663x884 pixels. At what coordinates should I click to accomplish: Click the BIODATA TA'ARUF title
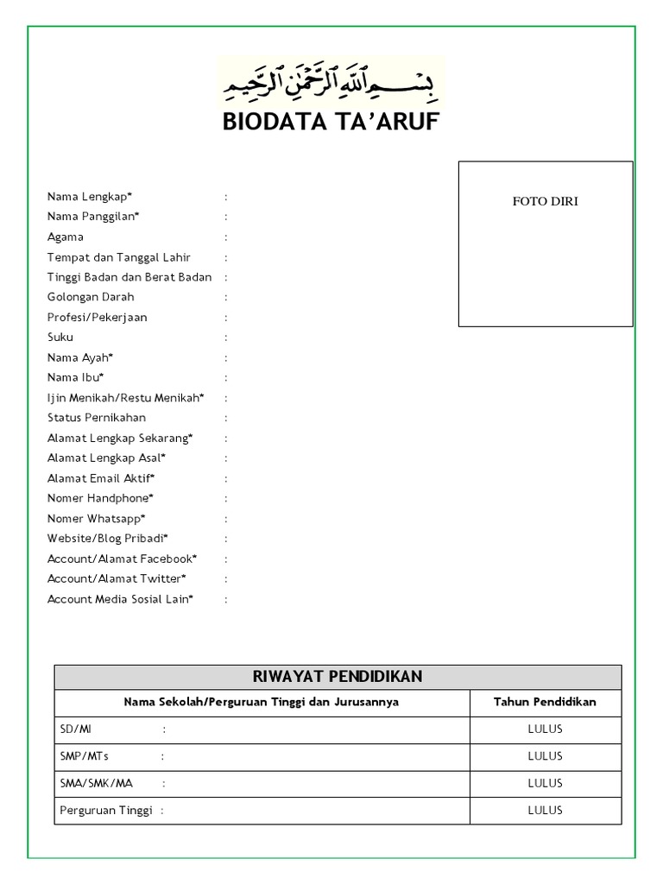tap(331, 123)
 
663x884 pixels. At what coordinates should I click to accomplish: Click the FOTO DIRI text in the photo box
tap(545, 201)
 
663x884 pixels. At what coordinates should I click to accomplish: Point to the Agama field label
tap(66, 237)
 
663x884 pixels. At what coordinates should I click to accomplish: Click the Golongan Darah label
tap(91, 297)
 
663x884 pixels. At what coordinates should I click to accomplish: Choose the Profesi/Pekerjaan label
tap(98, 317)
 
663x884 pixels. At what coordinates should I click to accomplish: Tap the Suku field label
tap(60, 337)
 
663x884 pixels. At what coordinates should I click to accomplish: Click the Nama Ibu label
tap(76, 377)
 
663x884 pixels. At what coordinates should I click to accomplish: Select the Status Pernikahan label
tap(97, 418)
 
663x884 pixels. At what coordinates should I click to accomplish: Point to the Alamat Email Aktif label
tap(101, 478)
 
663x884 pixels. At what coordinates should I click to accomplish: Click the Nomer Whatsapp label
tap(97, 519)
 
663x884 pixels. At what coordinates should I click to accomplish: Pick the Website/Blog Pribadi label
tap(108, 539)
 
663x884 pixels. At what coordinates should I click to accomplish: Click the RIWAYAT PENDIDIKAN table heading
tap(338, 676)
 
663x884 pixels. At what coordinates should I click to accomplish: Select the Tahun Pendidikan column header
tap(545, 703)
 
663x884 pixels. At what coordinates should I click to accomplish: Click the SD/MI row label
tap(75, 729)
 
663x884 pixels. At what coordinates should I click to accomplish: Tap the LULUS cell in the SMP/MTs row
tap(545, 756)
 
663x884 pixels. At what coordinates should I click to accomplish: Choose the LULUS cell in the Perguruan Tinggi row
tap(545, 810)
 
